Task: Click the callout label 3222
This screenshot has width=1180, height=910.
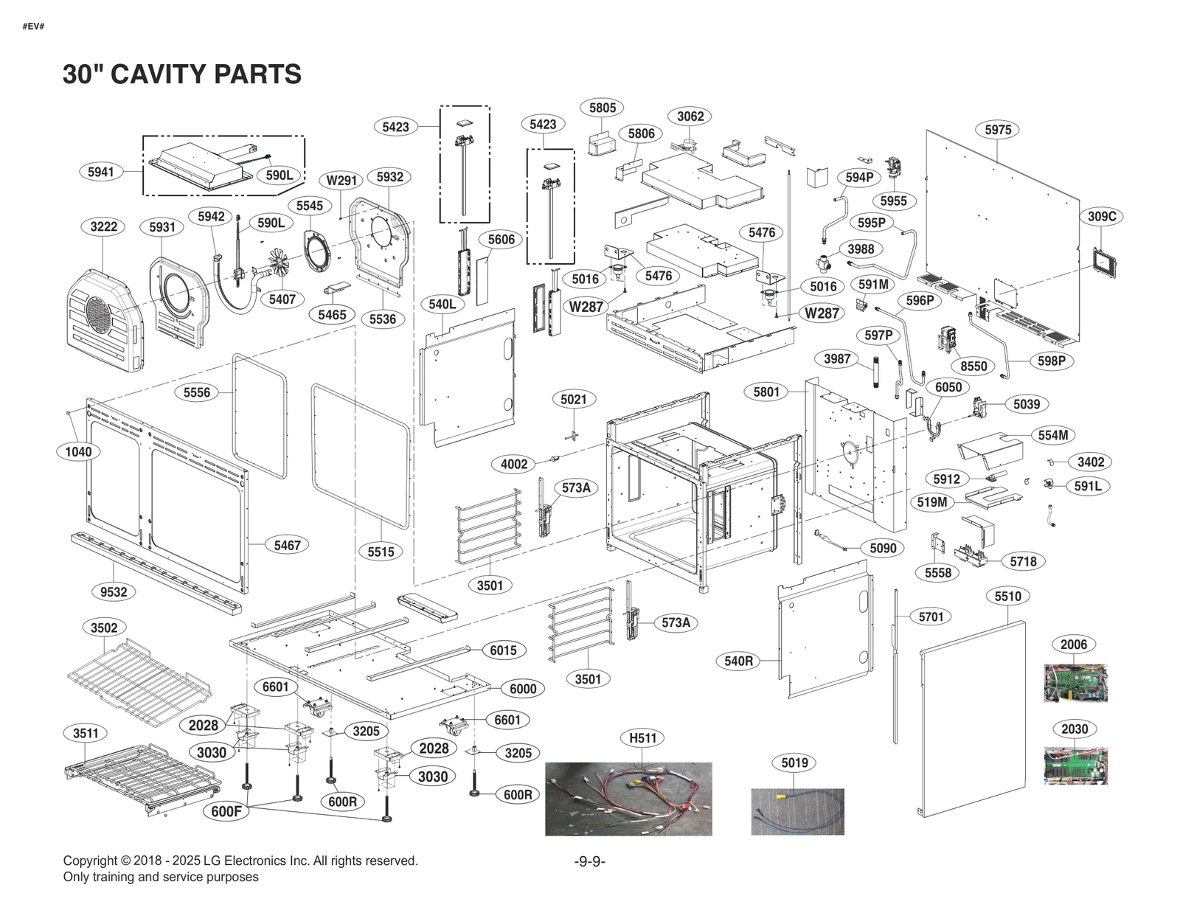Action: point(103,226)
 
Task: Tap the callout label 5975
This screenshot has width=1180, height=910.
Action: point(998,130)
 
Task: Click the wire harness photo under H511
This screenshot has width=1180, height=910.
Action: point(628,799)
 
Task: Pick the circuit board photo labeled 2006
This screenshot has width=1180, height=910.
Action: point(1075,683)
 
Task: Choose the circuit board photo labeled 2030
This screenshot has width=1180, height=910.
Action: point(1075,765)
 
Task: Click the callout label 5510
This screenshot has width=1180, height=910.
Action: point(1007,596)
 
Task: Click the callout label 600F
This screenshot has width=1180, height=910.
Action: point(226,811)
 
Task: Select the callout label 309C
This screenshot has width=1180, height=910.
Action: point(1102,216)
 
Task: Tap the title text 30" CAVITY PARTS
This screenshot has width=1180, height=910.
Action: point(181,74)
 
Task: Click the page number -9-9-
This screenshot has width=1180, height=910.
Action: point(589,861)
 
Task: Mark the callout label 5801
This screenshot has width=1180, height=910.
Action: point(766,392)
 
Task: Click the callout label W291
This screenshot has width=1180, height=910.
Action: point(341,181)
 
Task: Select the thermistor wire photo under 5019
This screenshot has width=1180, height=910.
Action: point(797,811)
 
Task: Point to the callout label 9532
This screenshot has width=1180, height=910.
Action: point(114,591)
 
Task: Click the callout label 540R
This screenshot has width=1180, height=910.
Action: point(738,661)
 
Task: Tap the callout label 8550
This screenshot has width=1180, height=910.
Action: point(974,366)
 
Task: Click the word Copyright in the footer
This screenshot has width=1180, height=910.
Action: point(90,861)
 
